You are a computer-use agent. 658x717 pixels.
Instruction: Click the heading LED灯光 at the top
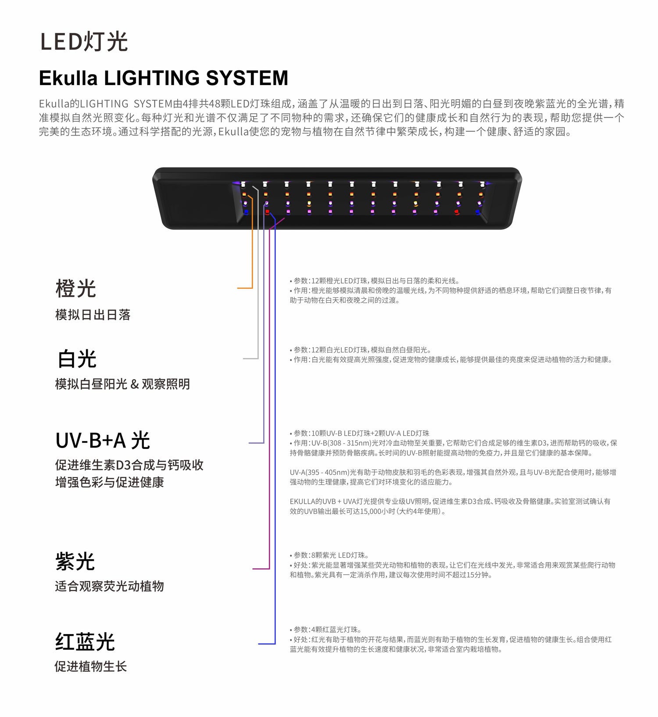point(84,42)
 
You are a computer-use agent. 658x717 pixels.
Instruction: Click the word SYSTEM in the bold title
point(247,78)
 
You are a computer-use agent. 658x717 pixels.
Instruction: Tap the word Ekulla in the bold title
point(68,78)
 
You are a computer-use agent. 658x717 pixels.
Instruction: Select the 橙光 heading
point(75,289)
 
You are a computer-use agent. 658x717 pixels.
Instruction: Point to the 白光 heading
point(77,359)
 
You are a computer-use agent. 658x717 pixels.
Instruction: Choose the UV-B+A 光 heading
point(103,440)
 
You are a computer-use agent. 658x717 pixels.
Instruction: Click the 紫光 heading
point(75,561)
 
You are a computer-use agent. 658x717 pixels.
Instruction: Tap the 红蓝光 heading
point(85,642)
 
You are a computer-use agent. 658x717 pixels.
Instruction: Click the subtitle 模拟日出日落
point(93,315)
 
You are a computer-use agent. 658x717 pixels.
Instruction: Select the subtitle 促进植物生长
point(90,667)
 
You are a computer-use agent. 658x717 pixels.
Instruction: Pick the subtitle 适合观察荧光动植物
point(109,586)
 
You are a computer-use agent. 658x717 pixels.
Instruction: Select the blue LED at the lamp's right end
point(478,212)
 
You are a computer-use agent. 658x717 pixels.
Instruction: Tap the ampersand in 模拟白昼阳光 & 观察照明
point(134,384)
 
